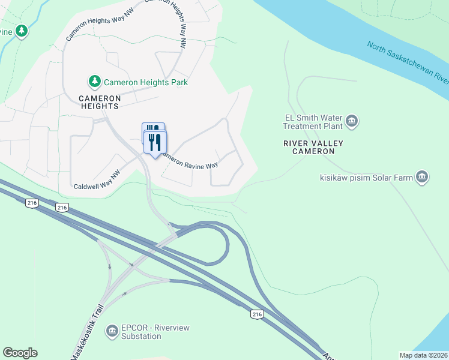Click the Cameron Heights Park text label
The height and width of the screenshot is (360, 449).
pyautogui.click(x=146, y=82)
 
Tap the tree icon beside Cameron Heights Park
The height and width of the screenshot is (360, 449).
pyautogui.click(x=94, y=81)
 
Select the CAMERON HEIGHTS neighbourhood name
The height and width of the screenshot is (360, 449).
pyautogui.click(x=100, y=101)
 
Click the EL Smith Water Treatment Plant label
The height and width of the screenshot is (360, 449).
pyautogui.click(x=313, y=122)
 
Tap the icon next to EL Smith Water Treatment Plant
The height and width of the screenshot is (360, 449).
pyautogui.click(x=352, y=122)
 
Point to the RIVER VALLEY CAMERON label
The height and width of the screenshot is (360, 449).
pyautogui.click(x=313, y=147)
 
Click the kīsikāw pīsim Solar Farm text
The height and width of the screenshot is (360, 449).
pyautogui.click(x=367, y=178)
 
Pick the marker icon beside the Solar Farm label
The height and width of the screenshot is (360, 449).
pyautogui.click(x=423, y=177)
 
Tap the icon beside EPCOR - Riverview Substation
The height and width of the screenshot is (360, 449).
pyautogui.click(x=112, y=331)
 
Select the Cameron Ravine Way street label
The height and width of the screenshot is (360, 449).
pyautogui.click(x=188, y=163)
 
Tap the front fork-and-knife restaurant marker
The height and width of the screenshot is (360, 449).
pyautogui.click(x=155, y=143)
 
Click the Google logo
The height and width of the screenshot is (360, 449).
pyautogui.click(x=20, y=353)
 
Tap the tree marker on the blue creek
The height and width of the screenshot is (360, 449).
pyautogui.click(x=22, y=31)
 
